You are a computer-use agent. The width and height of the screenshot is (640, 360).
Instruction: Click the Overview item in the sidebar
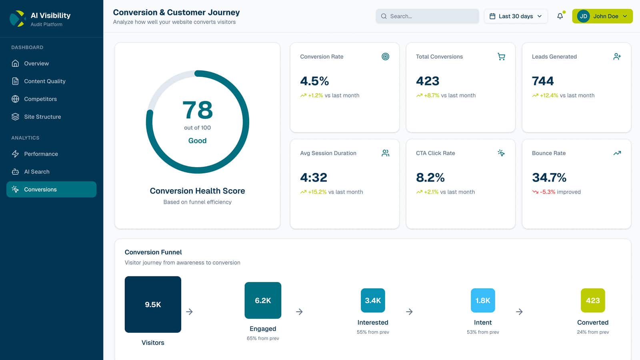(36, 64)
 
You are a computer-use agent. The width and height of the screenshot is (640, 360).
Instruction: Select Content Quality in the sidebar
(44, 81)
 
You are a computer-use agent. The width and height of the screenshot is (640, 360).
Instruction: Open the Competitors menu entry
(40, 99)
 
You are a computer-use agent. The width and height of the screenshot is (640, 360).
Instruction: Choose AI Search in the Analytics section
(36, 172)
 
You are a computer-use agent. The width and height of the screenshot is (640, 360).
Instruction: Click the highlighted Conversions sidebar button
(51, 190)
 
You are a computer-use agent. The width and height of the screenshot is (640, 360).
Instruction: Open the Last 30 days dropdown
(516, 16)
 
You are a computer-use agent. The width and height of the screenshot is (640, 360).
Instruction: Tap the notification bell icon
(560, 16)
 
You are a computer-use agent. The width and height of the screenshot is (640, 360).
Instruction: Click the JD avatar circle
(583, 16)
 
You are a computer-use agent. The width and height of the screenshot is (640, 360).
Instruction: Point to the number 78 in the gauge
(198, 110)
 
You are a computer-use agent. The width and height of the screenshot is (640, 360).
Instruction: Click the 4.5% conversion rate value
(314, 81)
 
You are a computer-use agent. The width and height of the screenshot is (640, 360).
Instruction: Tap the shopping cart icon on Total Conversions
(501, 57)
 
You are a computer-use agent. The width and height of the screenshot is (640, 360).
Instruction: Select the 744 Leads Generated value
(543, 81)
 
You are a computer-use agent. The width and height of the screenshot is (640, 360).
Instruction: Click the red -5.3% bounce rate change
(547, 192)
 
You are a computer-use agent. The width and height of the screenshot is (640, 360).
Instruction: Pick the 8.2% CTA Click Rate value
(430, 178)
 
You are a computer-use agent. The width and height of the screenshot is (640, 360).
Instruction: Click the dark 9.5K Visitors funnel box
(153, 304)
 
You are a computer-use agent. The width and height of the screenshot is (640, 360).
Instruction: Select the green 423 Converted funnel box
(592, 300)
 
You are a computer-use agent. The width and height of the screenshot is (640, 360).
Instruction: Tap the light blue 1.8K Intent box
(483, 300)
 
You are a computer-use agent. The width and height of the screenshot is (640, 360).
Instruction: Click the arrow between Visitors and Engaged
(190, 312)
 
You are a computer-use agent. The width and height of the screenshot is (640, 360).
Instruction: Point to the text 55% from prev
(373, 332)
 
